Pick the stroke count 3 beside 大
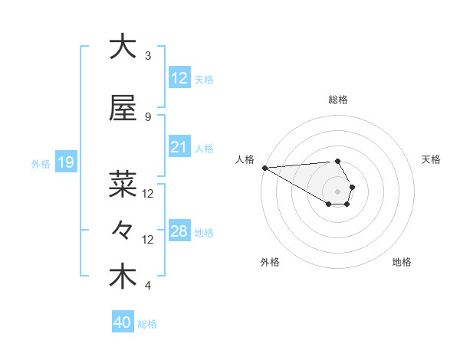pos(148,55)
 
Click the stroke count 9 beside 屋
pos(148,116)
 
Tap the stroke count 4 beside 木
pos(148,286)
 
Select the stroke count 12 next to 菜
pos(148,194)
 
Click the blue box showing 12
pos(179,78)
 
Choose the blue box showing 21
pos(179,147)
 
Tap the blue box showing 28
pos(179,231)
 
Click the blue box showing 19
pos(65,162)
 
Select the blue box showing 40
pos(122,322)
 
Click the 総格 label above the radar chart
pos(338,100)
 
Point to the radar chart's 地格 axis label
pos(402,262)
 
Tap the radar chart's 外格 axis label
pos(270,262)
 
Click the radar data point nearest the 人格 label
pos(264,168)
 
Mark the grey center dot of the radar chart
pos(337,191)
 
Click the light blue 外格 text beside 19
pos(41,163)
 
